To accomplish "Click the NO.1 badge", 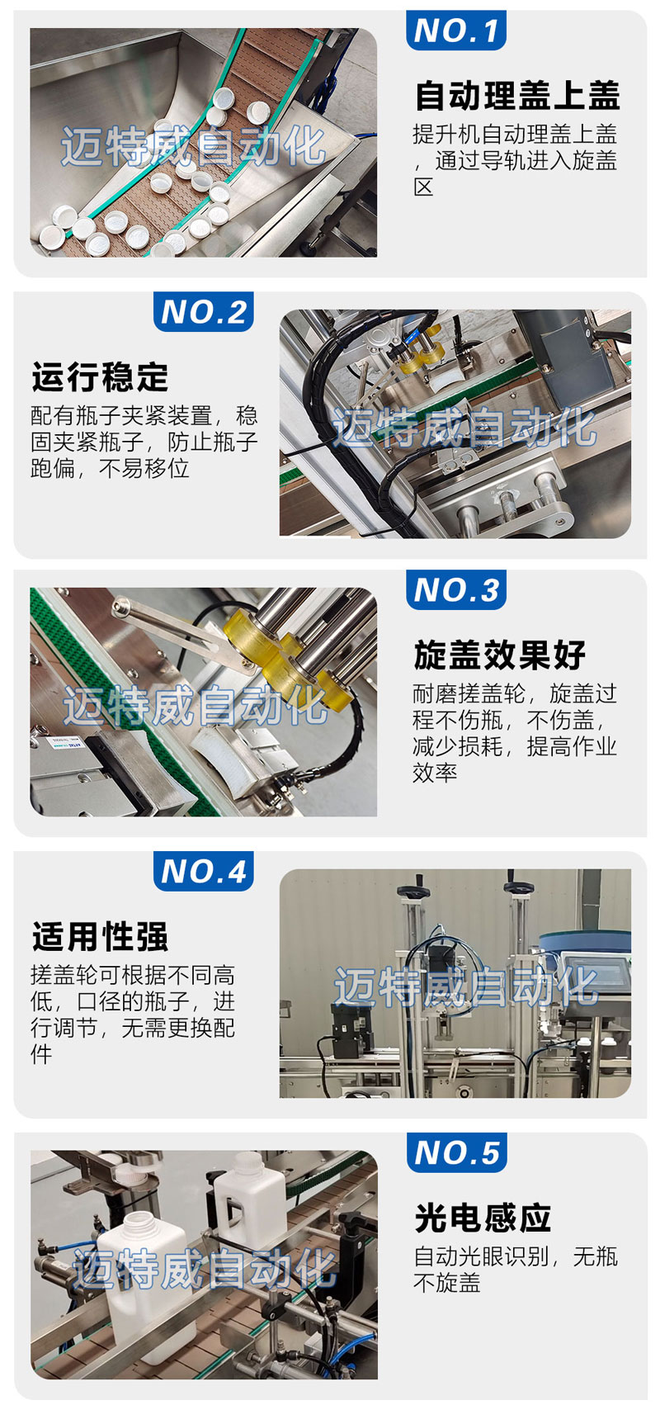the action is pos(455,30).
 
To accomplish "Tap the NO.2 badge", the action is pos(203,311).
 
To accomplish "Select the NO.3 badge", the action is pos(455,589).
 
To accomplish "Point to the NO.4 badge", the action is pos(203,871).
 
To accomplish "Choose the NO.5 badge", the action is pos(456,1152).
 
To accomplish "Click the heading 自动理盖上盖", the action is pos(518,95).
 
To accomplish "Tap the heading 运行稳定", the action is pos(101,377).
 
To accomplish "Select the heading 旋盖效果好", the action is pos(500,655).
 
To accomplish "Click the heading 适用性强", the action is pos(101,936).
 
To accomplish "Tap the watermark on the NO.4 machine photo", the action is pos(465,986).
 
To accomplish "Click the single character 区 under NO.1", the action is pos(424,187).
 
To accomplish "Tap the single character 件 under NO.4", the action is pos(41,1053).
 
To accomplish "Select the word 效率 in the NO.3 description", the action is pos(435,772).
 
